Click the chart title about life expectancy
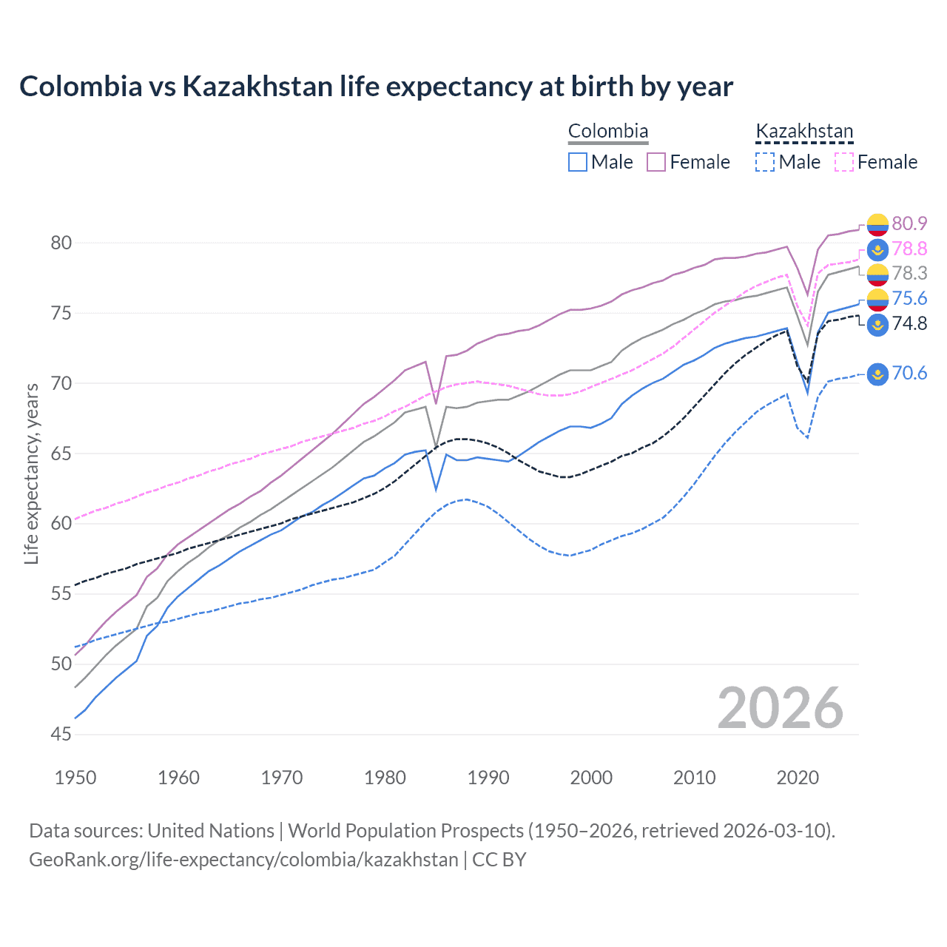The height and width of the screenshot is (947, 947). (x=376, y=87)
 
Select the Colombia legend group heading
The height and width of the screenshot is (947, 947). (x=607, y=132)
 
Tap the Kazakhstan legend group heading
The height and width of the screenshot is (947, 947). (x=804, y=132)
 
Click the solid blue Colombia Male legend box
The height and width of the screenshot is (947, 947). (x=578, y=162)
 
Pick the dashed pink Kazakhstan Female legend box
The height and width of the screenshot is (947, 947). (x=844, y=162)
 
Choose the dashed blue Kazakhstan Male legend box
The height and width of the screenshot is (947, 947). (x=765, y=162)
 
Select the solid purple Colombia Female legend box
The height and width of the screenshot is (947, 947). (x=656, y=162)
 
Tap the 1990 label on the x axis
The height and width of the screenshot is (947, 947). (x=488, y=778)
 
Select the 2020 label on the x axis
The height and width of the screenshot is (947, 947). (x=798, y=778)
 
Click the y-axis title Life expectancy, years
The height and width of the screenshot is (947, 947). (x=32, y=473)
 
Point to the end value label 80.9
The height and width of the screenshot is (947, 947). (x=909, y=223)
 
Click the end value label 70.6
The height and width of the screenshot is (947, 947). (x=909, y=373)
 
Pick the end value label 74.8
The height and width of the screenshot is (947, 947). (x=909, y=323)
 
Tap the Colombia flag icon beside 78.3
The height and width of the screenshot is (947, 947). (x=877, y=274)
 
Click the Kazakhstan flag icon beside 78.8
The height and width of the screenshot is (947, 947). (x=877, y=249)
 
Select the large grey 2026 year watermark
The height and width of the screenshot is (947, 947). (x=781, y=708)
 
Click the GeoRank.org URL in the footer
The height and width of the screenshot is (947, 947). (x=243, y=860)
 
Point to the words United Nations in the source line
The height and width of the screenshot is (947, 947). (x=211, y=831)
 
